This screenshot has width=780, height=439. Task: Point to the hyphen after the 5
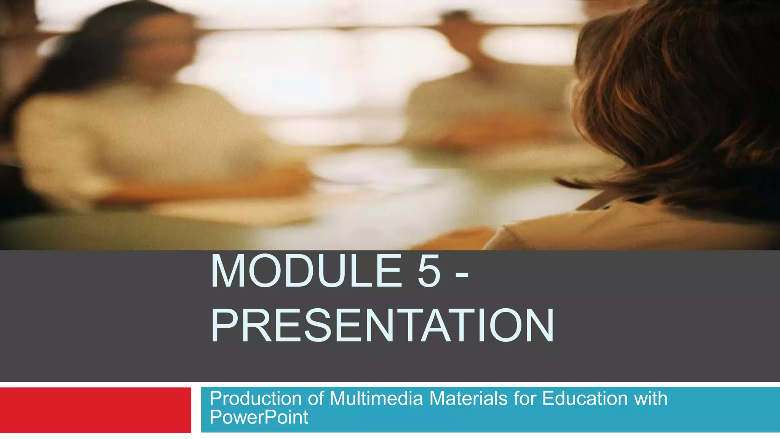pyautogui.click(x=462, y=274)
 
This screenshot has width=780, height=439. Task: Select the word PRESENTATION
pyautogui.click(x=382, y=326)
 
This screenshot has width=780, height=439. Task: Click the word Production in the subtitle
pyautogui.click(x=256, y=399)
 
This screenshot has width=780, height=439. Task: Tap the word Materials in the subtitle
pyautogui.click(x=469, y=399)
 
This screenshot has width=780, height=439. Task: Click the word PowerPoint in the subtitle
pyautogui.click(x=259, y=417)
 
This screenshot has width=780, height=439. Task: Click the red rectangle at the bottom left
pyautogui.click(x=95, y=410)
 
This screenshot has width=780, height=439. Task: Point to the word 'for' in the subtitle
pyautogui.click(x=525, y=399)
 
